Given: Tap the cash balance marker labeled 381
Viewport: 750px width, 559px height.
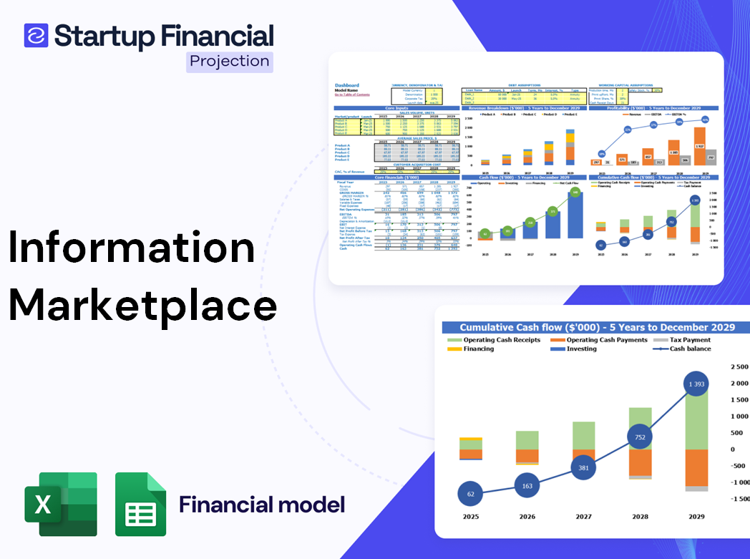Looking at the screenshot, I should tap(584, 468).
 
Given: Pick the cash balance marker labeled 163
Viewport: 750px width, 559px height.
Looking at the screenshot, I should tap(527, 486).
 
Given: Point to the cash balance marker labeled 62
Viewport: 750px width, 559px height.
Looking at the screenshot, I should tap(470, 494).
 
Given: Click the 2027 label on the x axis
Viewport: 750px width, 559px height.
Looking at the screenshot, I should tap(583, 517).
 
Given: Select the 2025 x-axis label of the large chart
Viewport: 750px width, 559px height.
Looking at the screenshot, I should tap(470, 517).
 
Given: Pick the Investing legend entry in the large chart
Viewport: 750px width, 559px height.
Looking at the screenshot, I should tap(581, 349).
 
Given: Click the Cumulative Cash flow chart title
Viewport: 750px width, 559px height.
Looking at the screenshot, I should tap(597, 328).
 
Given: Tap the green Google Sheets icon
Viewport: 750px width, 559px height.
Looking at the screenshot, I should tap(140, 504).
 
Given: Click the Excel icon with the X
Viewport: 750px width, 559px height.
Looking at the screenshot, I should tap(61, 504).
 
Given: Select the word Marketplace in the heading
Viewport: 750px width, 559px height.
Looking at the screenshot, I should tap(142, 304).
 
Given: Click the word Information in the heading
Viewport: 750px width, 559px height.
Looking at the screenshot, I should tap(132, 248).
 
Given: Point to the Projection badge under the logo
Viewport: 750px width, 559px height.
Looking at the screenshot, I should tap(229, 62).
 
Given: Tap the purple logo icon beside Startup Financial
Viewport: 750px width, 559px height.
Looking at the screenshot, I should tap(36, 35).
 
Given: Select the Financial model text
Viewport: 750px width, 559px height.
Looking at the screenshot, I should tap(262, 505).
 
